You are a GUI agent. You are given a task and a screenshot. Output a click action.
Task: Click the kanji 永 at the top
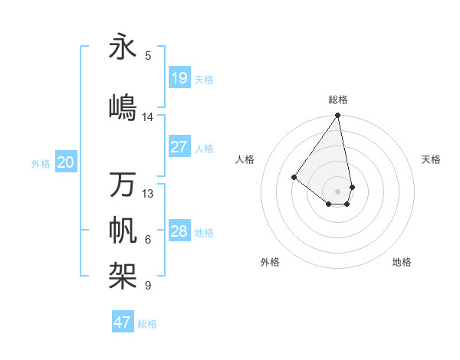click(123, 47)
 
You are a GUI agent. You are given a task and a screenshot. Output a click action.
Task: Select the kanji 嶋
click(123, 107)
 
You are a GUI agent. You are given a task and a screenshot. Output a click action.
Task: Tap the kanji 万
click(123, 185)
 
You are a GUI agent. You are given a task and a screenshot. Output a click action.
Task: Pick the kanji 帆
click(123, 231)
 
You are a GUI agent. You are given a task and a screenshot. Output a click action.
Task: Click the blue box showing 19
click(179, 78)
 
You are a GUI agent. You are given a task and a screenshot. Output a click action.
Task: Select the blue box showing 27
click(179, 147)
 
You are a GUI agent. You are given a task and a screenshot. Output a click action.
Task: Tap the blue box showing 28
click(179, 231)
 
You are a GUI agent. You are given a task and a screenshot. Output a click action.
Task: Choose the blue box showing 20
click(66, 162)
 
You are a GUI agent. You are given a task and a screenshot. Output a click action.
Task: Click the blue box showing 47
click(123, 322)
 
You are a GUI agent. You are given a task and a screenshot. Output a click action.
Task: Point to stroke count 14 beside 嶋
click(148, 117)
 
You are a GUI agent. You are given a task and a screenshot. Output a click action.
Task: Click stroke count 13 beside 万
click(148, 194)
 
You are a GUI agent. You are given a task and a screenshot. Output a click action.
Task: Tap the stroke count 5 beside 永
click(148, 56)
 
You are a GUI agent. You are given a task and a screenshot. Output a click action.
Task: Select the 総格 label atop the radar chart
click(338, 100)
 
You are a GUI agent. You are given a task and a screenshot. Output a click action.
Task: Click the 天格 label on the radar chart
click(432, 159)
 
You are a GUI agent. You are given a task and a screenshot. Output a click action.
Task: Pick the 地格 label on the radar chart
click(402, 262)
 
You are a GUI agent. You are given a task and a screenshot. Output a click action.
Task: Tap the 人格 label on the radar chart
click(245, 159)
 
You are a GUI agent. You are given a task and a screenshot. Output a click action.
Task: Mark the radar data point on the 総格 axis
click(337, 116)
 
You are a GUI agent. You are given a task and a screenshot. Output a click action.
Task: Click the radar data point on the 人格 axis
click(294, 177)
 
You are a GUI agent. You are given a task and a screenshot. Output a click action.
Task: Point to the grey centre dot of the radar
click(337, 191)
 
